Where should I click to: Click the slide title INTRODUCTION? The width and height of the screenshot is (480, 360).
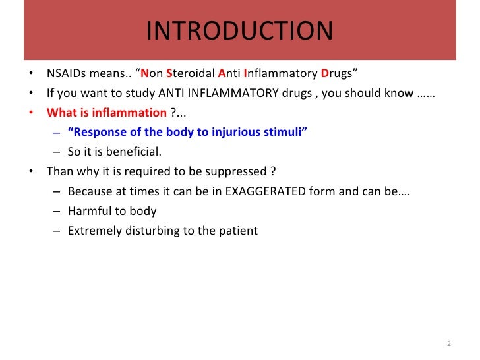point(239,31)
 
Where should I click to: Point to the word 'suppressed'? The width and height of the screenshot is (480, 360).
point(239,173)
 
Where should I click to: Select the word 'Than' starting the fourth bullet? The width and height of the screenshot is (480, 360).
point(59,173)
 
